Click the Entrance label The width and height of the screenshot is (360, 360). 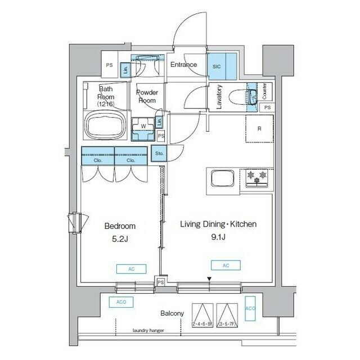point(184,65)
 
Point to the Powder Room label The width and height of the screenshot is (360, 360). point(147,96)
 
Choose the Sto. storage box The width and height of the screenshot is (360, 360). point(160,152)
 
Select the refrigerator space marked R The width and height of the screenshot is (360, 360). point(259,129)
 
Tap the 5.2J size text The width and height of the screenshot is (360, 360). point(120,238)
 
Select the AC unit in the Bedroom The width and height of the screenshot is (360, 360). point(132,269)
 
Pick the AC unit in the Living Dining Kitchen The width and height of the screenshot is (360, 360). point(226,265)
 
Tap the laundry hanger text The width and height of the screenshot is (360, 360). point(148,331)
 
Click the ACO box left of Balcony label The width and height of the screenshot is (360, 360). point(120,302)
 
